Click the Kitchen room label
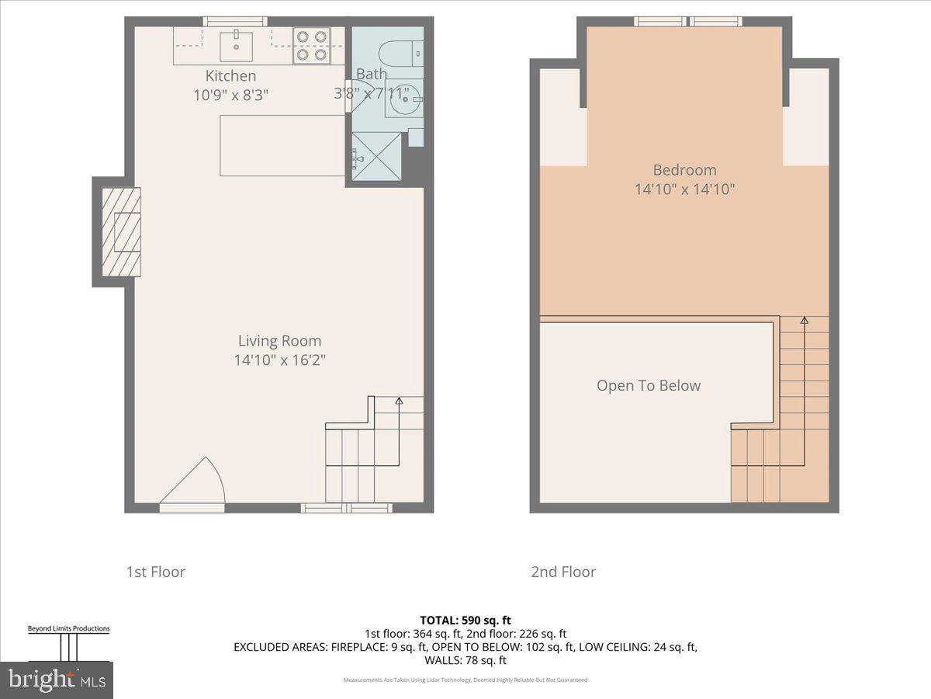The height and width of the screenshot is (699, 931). coord(230,76)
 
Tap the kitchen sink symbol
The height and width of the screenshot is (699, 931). coord(235,46)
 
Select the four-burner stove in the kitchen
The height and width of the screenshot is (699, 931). coord(312,45)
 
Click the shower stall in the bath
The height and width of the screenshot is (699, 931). coord(378,157)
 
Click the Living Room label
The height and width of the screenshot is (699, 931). coord(279,341)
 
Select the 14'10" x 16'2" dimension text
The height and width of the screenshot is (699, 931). coord(279,360)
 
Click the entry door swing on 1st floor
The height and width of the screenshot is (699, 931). coord(196,485)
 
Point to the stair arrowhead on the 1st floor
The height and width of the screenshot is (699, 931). coord(400,402)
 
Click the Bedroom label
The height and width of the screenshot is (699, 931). coord(684,170)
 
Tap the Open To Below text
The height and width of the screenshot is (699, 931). coord(649,386)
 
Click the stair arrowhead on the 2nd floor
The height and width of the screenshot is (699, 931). coord(804,320)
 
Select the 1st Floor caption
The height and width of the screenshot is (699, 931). coord(156,572)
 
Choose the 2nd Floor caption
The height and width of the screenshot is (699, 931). coord(563,572)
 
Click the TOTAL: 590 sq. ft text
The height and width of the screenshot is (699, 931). coord(465,620)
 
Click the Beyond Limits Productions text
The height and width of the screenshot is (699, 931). coord(68,629)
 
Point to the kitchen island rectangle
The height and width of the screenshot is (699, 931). coord(282,145)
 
